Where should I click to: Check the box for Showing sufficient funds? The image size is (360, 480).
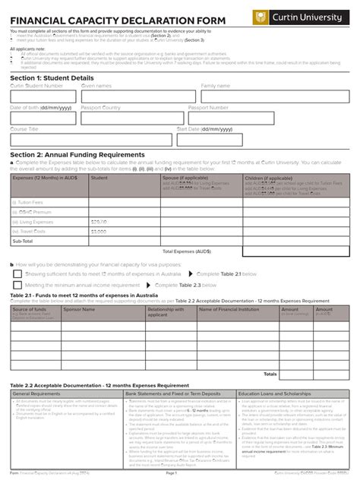pos(20,273)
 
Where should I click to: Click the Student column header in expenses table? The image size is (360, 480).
pos(99,178)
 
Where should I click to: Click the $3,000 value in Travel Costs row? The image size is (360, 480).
pos(99,231)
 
